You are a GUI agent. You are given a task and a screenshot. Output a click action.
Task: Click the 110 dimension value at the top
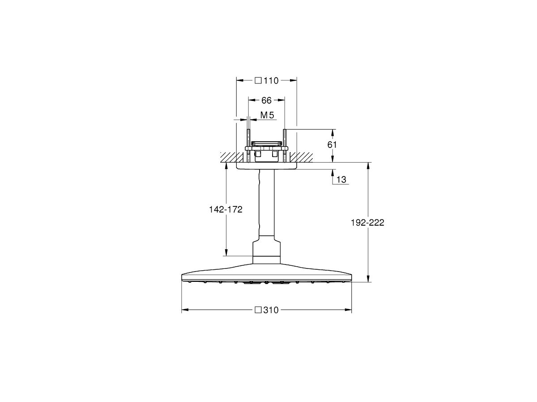271,81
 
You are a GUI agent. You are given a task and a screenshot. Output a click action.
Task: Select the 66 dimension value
266,100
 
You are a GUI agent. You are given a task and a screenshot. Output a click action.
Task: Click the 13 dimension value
341,180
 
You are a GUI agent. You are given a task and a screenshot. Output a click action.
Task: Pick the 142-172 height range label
226,209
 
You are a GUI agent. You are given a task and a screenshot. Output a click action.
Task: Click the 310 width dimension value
271,310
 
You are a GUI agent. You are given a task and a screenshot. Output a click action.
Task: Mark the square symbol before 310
258,310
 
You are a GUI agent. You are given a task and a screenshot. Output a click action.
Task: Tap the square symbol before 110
258,81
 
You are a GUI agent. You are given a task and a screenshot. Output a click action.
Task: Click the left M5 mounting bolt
247,145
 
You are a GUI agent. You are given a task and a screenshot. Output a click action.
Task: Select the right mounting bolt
284,145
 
